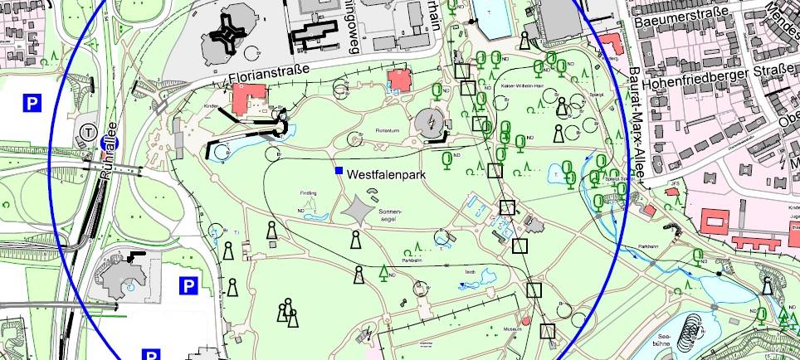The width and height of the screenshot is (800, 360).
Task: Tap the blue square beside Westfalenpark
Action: click(x=339, y=171)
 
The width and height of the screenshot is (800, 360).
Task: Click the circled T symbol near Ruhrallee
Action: click(x=88, y=130)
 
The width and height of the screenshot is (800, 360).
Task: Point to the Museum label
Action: click(x=512, y=330)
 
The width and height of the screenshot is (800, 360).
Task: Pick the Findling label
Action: click(x=309, y=193)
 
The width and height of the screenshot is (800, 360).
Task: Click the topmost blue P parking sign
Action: click(x=32, y=103)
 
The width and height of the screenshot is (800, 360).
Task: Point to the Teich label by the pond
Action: click(x=469, y=271)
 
